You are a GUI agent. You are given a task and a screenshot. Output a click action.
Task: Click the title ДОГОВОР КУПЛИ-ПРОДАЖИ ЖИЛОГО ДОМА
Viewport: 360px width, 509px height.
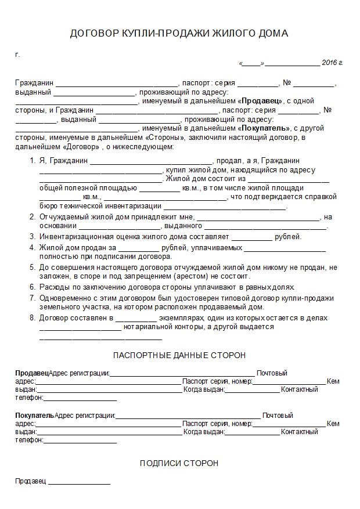[x=179, y=34]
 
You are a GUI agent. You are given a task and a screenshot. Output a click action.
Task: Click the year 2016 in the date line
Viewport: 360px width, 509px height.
[x=329, y=62]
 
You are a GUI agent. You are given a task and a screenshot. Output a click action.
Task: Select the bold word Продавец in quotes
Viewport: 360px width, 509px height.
[x=262, y=100]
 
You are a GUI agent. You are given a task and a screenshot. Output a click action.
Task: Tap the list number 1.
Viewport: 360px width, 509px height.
[x=33, y=161]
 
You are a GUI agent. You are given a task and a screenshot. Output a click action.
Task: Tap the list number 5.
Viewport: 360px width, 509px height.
[x=33, y=267]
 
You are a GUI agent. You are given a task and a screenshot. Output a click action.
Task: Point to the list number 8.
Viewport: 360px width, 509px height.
[x=33, y=318]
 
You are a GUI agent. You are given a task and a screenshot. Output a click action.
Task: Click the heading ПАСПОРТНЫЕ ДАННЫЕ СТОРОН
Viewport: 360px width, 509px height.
[x=179, y=355]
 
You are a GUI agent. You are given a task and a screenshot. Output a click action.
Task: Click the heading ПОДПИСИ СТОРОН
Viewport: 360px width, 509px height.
[x=179, y=464]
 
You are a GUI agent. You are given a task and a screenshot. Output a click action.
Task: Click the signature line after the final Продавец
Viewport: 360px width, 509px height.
[x=80, y=483]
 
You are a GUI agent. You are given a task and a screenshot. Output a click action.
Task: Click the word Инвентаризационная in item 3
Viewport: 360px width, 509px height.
[x=73, y=237]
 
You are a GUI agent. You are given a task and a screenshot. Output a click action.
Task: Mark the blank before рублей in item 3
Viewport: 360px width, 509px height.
[x=252, y=238]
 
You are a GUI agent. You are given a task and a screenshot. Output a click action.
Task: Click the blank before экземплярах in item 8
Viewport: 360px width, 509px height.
[x=136, y=319]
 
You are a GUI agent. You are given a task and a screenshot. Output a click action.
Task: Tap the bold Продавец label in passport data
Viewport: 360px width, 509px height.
[x=32, y=373]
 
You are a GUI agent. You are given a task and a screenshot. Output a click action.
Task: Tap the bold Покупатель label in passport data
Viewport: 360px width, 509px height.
[x=34, y=416]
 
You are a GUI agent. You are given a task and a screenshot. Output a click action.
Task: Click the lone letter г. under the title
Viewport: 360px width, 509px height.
[x=17, y=55]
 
